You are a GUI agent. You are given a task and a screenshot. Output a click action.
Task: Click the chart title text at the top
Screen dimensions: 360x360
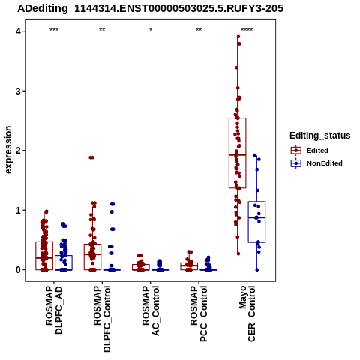150,9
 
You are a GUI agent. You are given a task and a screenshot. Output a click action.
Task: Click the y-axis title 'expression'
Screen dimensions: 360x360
8,150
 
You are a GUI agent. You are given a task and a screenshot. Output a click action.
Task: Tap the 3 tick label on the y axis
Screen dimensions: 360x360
18,91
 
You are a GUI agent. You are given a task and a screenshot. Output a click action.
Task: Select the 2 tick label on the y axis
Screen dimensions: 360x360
18,151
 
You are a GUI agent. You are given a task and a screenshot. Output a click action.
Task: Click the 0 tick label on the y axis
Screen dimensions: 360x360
18,270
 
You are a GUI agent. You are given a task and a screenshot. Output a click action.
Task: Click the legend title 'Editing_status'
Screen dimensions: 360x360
320,136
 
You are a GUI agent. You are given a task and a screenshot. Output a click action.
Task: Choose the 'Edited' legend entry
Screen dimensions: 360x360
317,151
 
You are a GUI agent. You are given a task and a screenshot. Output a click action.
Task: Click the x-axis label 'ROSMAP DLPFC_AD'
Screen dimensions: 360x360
54,310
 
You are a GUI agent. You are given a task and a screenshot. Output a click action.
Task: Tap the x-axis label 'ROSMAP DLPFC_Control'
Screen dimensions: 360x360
102,319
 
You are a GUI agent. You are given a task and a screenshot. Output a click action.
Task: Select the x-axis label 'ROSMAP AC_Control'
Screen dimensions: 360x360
151,310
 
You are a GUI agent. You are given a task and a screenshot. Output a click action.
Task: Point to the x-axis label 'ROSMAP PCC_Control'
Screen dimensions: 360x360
199,313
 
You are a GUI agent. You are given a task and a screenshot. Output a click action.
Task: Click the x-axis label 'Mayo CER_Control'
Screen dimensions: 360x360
247,313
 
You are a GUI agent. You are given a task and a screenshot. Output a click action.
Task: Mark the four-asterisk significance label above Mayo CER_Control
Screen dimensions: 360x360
247,30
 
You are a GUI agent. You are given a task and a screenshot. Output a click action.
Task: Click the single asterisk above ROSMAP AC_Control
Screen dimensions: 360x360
151,30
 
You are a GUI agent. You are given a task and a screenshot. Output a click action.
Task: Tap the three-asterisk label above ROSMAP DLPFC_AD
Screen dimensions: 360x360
54,30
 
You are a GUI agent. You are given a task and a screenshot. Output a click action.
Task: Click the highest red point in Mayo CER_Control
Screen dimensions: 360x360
238,37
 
